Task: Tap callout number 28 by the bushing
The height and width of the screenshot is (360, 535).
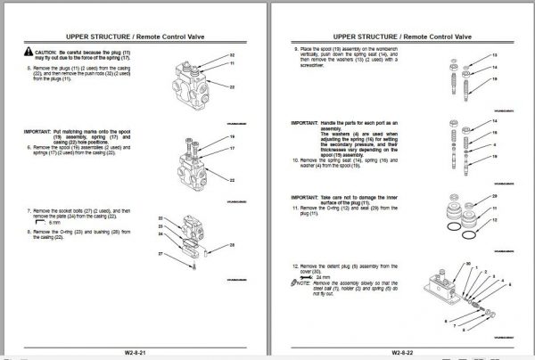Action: click(232, 244)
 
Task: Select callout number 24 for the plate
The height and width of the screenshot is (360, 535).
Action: click(162, 234)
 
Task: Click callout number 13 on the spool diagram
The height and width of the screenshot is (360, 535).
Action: click(494, 56)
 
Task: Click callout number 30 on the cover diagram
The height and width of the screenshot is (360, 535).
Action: click(469, 265)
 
